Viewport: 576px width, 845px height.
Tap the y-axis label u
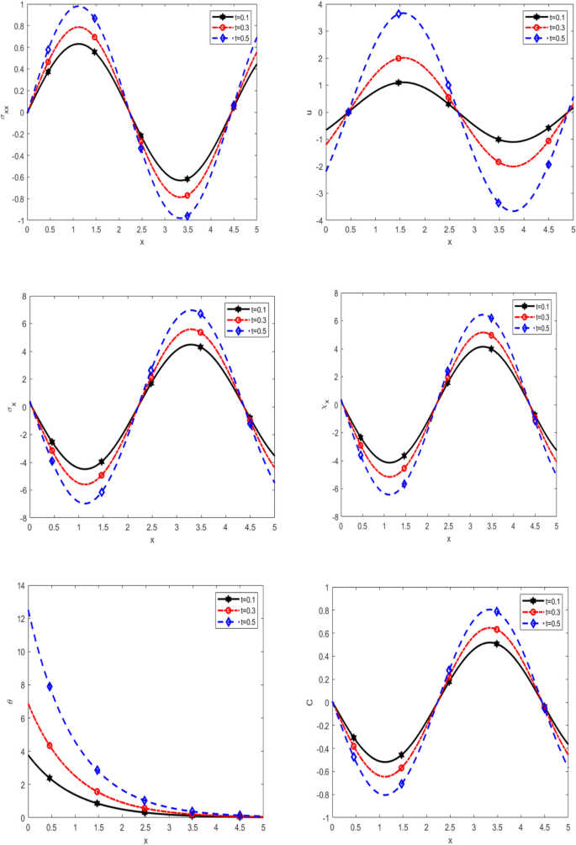pos(316,112)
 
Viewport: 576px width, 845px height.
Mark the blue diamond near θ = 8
pos(50,686)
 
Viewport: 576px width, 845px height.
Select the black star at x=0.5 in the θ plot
pos(50,778)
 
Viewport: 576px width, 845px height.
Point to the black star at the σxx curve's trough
pos(187,179)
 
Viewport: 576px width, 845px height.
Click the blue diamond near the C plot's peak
pos(497,611)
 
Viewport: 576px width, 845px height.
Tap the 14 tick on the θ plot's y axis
pos(18,586)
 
